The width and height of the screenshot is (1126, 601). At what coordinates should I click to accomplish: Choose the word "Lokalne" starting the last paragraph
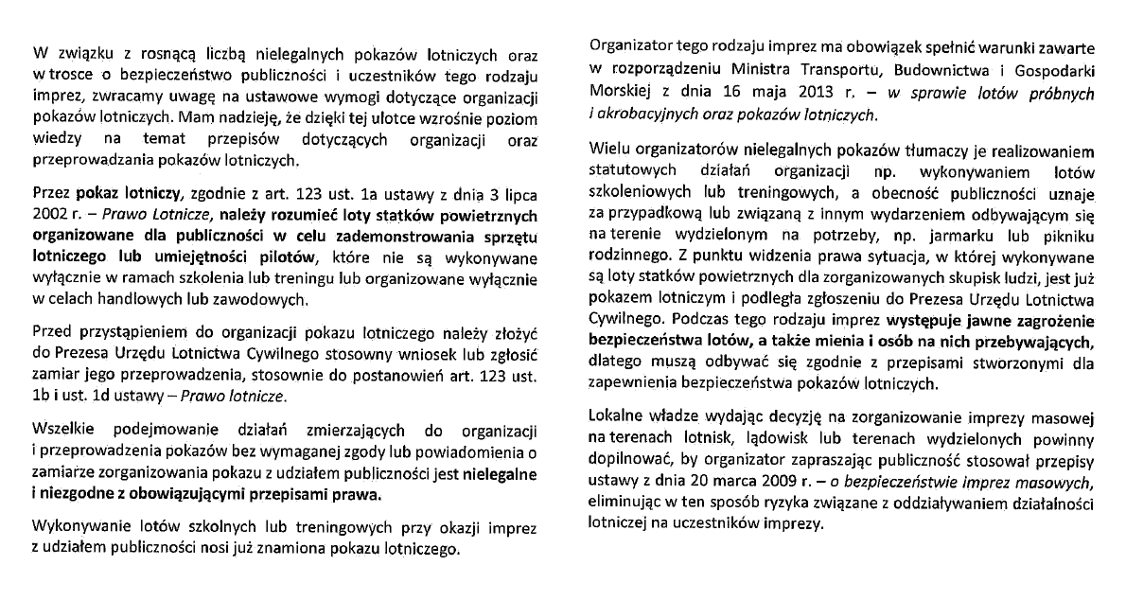point(616,417)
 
